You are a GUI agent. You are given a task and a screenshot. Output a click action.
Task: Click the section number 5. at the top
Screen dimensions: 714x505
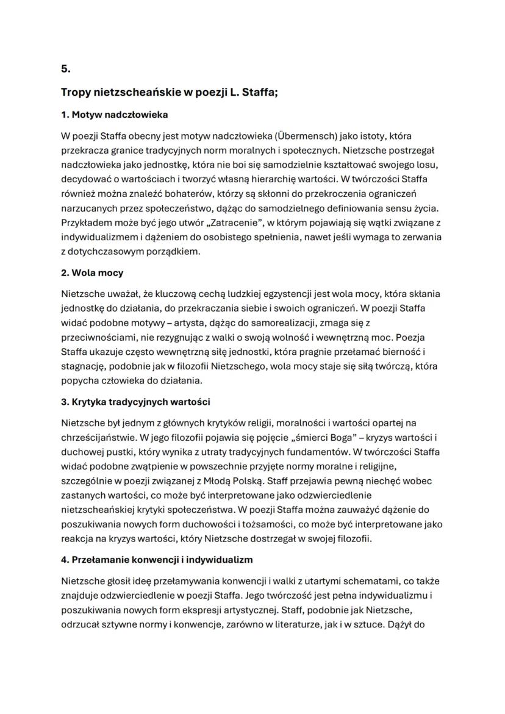(x=65, y=69)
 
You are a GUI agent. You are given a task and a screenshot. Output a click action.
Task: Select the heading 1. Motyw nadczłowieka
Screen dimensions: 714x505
(x=114, y=115)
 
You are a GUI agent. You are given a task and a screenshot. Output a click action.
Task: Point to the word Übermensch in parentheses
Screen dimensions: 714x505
(x=304, y=135)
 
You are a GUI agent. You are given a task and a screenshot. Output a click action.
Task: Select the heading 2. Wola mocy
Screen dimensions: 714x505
(x=92, y=273)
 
